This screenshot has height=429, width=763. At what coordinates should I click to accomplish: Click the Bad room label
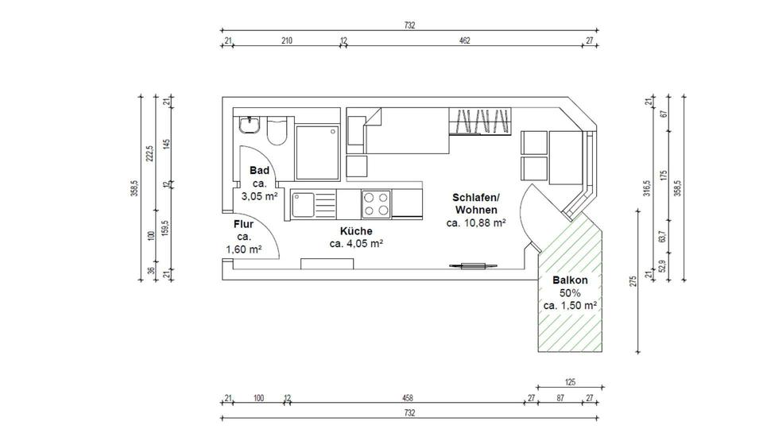pos(259,170)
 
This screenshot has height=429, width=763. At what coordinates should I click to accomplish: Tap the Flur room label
pos(243,224)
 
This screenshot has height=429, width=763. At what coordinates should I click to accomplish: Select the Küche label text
pos(356,231)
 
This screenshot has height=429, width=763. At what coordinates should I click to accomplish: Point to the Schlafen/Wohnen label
pos(476,204)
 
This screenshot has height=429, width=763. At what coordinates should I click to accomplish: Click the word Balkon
pos(570,280)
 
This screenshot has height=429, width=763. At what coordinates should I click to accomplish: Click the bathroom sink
pos(249,125)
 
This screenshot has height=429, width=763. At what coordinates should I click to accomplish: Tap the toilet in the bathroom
pos(277,130)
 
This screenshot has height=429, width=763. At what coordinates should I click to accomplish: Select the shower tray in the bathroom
pos(317,153)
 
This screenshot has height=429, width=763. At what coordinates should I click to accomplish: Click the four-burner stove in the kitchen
pos(376,204)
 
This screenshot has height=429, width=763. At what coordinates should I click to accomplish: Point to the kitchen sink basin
pos(303,204)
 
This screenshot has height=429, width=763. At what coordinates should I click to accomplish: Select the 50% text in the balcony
pos(570,293)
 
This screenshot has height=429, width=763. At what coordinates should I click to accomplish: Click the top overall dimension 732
pos(410,25)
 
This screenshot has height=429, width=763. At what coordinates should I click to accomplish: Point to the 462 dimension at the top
pos(465,41)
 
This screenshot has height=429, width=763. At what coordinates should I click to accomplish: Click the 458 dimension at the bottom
pos(408,398)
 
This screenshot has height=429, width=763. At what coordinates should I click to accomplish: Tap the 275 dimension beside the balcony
pos(633,281)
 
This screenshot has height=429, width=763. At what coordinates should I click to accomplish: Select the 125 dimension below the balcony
pos(570,382)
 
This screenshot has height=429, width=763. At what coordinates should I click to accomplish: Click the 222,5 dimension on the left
pos(150,153)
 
